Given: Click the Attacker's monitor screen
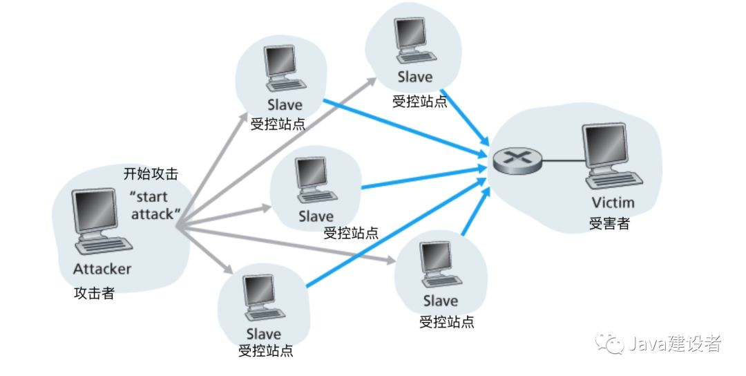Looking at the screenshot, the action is tap(95, 211).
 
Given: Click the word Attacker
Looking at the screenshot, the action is tap(102, 269).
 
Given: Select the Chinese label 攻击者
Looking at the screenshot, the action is tap(94, 293).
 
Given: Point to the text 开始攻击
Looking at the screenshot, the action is tap(151, 173).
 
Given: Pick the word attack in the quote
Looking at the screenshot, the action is tap(152, 214).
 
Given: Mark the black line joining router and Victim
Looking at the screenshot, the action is tap(564, 161).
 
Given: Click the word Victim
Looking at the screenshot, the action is tap(613, 203).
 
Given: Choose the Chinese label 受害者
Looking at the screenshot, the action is tap(609, 223).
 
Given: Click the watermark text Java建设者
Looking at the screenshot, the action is tap(675, 344).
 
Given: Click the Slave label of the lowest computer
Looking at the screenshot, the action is tap(264, 334).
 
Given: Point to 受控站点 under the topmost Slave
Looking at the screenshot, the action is tap(420, 102).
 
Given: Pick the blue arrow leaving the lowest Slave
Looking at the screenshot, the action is tap(399, 237).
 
